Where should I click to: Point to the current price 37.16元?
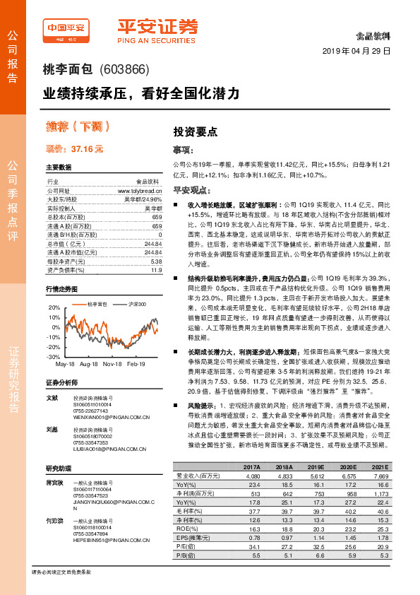88,150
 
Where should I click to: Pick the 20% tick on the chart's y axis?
54,309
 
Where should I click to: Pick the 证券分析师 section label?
61,382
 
